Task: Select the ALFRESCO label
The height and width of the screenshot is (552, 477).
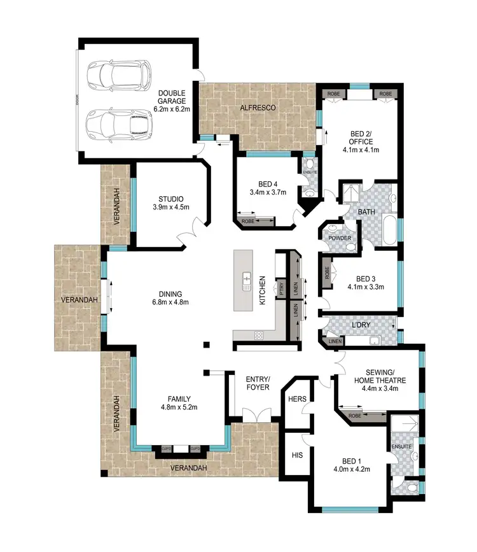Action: (258, 108)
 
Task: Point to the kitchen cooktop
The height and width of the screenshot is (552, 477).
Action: (258, 335)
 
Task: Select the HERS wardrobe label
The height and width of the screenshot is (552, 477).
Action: (298, 399)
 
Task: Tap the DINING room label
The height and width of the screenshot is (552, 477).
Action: (170, 294)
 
